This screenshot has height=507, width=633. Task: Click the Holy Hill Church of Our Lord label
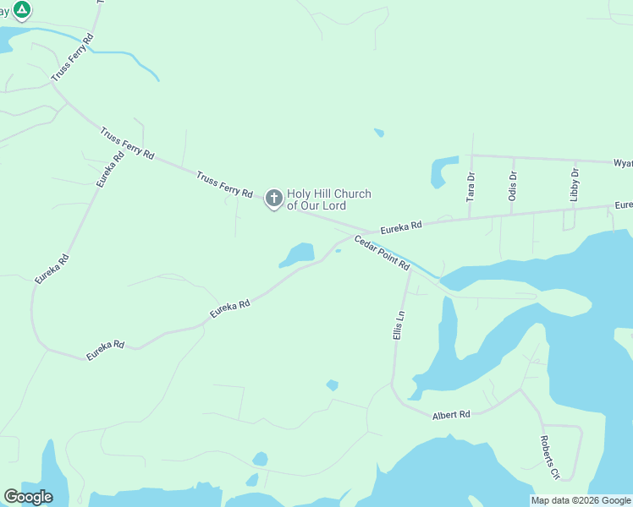(x=328, y=199)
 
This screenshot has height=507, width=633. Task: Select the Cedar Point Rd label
(x=382, y=253)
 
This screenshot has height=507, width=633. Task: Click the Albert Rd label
(x=451, y=415)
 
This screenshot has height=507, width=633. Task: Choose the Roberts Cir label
(x=551, y=458)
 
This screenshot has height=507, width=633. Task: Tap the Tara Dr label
(x=471, y=186)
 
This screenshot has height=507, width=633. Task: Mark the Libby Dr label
(x=575, y=184)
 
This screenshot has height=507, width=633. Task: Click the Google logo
(x=28, y=497)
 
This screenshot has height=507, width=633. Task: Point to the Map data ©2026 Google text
(x=581, y=500)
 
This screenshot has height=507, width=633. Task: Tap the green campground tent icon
(x=22, y=10)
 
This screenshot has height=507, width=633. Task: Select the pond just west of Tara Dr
(x=441, y=172)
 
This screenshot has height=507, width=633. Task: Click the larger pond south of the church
(x=299, y=253)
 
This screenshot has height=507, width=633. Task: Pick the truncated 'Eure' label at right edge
(x=624, y=205)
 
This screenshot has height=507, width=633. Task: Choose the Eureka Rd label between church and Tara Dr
(x=400, y=227)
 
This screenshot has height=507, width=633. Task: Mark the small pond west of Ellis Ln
(x=333, y=385)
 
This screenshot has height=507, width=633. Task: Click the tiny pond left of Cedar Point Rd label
(x=338, y=250)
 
